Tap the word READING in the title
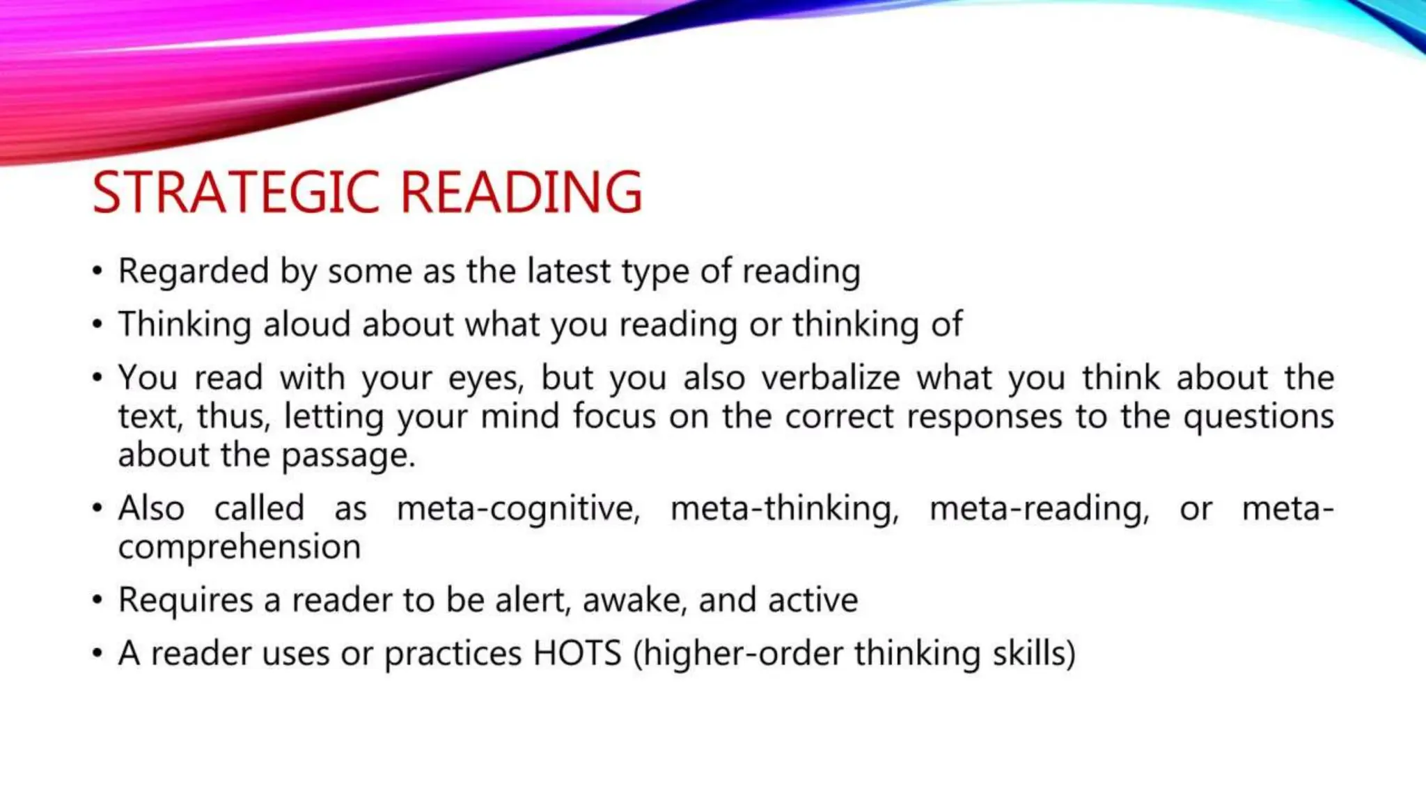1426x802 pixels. click(x=521, y=192)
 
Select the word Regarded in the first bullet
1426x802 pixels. click(x=193, y=272)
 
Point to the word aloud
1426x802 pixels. click(x=306, y=324)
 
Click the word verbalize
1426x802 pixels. click(x=831, y=377)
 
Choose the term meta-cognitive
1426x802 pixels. click(x=517, y=509)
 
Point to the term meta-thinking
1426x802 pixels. click(x=784, y=509)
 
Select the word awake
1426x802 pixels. click(x=634, y=600)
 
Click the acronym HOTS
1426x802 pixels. click(x=577, y=653)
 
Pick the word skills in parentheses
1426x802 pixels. click(x=1033, y=653)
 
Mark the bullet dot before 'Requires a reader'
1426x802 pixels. click(x=97, y=600)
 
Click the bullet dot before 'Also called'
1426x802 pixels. click(x=97, y=508)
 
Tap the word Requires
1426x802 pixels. click(x=185, y=600)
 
